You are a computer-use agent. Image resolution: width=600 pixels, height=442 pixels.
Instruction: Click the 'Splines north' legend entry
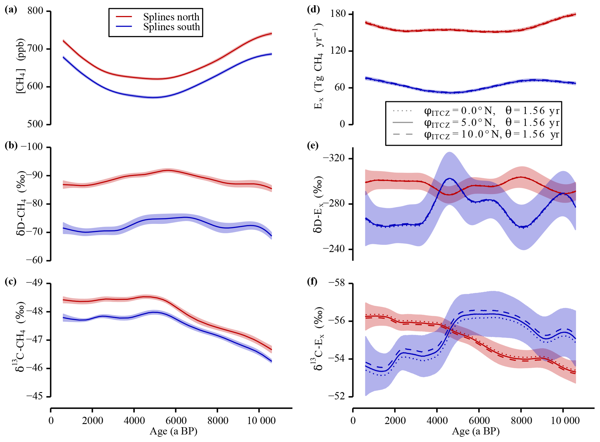tap(171, 17)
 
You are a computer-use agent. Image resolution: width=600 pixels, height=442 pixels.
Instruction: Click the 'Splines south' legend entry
tap(171, 27)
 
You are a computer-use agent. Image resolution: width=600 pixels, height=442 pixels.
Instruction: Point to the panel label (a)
tap(11, 10)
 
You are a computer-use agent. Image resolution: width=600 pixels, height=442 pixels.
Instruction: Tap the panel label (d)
tap(313, 10)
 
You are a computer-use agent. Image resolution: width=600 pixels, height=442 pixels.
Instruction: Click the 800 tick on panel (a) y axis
tap(35, 11)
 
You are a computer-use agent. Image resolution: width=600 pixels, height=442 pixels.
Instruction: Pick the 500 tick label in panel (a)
tap(35, 124)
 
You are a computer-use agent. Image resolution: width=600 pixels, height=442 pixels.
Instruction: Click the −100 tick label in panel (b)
tap(32, 147)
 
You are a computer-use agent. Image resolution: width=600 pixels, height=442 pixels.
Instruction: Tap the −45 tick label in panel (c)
tap(34, 396)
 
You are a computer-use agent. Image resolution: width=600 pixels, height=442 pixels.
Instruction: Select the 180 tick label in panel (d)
tap(338, 14)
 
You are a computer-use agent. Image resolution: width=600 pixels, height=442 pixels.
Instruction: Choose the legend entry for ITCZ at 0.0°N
tap(476, 111)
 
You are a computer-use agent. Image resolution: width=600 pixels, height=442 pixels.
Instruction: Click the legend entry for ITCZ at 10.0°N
tap(476, 134)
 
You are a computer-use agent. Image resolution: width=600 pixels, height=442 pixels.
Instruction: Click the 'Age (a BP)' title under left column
tap(173, 431)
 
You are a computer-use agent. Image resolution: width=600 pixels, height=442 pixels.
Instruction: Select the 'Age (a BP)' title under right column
tap(475, 431)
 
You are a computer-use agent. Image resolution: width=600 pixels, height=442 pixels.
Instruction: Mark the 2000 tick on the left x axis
tap(92, 421)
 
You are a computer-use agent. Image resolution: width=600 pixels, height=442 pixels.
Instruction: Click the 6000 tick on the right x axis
tap(479, 421)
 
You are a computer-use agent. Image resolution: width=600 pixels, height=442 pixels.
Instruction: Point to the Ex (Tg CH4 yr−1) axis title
tap(318, 67)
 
